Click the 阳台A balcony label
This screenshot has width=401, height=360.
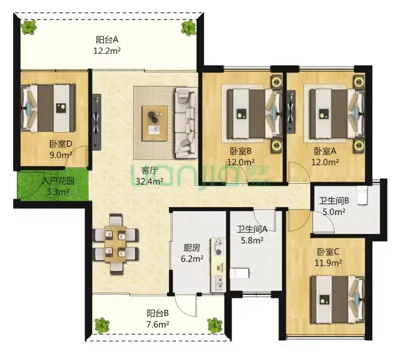tap(107, 40)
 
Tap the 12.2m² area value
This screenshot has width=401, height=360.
tap(107, 51)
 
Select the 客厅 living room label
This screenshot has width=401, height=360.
tap(149, 171)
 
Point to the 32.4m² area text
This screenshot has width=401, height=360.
tap(149, 182)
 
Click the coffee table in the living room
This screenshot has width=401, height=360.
tap(155, 123)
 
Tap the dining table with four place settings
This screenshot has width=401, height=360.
tap(115, 244)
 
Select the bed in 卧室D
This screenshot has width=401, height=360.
tap(48, 108)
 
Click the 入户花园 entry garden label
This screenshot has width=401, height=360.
tap(58, 181)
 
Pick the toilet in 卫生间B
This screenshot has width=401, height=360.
tap(362, 196)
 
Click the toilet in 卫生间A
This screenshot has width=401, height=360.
tap(240, 273)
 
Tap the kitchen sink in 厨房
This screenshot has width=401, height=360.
tap(218, 284)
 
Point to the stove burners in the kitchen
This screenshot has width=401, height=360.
tap(218, 247)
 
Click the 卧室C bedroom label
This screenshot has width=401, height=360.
tap(328, 252)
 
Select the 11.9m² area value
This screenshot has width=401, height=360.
tap(328, 263)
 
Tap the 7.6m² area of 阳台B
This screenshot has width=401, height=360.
tap(158, 325)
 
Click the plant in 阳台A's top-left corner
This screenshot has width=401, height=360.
tap(29, 27)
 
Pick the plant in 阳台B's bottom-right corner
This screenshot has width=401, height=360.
tap(214, 326)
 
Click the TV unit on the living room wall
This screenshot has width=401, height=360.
tap(96, 122)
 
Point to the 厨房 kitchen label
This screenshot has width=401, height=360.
tap(192, 247)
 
